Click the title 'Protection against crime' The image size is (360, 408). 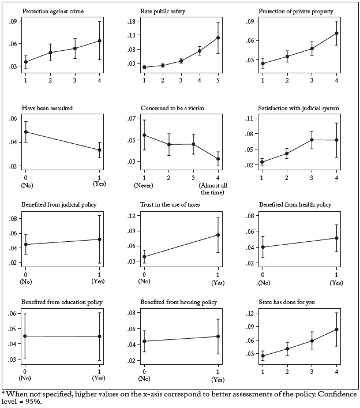coord(50,11)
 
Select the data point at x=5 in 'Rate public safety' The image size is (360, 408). coord(218,38)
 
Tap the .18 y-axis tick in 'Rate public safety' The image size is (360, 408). coord(130,21)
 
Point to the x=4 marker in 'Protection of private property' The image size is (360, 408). coord(337,33)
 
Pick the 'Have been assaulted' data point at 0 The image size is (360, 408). coord(26,132)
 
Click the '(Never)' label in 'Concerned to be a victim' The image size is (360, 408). coord(144,185)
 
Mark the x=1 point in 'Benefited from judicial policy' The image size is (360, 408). coord(100,239)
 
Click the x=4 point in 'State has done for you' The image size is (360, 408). coord(337,330)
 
